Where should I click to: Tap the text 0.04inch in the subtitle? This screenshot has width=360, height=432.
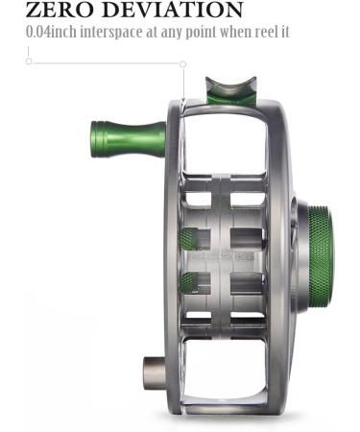51,32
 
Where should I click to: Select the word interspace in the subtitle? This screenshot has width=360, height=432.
111,33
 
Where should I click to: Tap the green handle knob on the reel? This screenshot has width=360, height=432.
128,139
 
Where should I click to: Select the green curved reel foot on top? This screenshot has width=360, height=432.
231,90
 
